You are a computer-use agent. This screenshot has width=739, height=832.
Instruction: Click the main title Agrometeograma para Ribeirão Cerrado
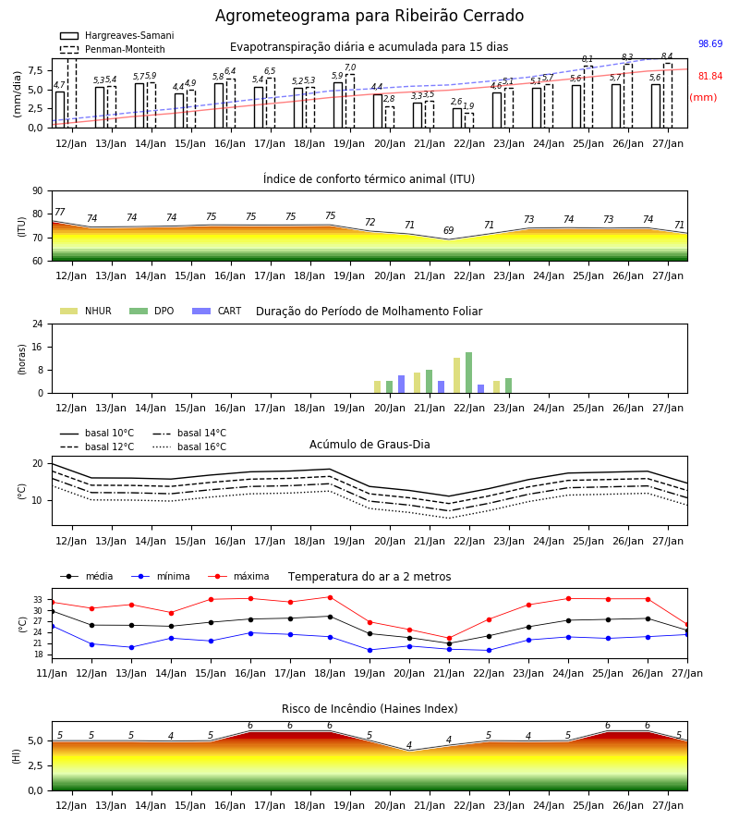(x=369, y=16)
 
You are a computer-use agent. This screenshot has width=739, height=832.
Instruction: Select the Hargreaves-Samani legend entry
(x=116, y=35)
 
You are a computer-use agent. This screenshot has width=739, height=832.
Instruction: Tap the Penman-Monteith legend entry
(x=113, y=49)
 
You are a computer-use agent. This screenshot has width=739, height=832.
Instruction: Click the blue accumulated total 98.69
(x=710, y=43)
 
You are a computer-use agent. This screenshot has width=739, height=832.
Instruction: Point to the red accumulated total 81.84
(x=710, y=77)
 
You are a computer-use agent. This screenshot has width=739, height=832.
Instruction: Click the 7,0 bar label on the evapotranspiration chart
(x=350, y=67)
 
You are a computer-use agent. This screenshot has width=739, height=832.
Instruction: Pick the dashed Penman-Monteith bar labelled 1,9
(x=469, y=120)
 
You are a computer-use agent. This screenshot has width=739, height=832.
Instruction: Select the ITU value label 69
(x=449, y=230)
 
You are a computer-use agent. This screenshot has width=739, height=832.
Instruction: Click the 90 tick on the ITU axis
(x=38, y=191)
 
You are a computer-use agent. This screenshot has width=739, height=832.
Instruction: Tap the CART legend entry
(x=217, y=311)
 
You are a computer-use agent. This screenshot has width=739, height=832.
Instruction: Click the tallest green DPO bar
(x=468, y=373)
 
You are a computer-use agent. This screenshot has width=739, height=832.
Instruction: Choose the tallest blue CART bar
(x=401, y=385)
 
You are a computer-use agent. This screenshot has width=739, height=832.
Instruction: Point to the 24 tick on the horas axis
(x=38, y=324)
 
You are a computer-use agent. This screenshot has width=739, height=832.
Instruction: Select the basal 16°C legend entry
(x=189, y=447)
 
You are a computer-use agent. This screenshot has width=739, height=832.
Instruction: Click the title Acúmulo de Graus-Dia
(x=369, y=444)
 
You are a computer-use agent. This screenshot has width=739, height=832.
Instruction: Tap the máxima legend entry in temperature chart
(x=238, y=576)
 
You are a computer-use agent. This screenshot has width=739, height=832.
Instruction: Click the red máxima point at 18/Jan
(x=331, y=597)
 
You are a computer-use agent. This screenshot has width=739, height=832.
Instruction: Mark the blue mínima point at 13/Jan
(x=131, y=647)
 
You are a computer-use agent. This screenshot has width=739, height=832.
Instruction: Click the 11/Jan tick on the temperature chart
(x=52, y=673)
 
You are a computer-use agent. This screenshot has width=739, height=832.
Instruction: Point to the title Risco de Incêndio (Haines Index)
(x=369, y=708)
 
